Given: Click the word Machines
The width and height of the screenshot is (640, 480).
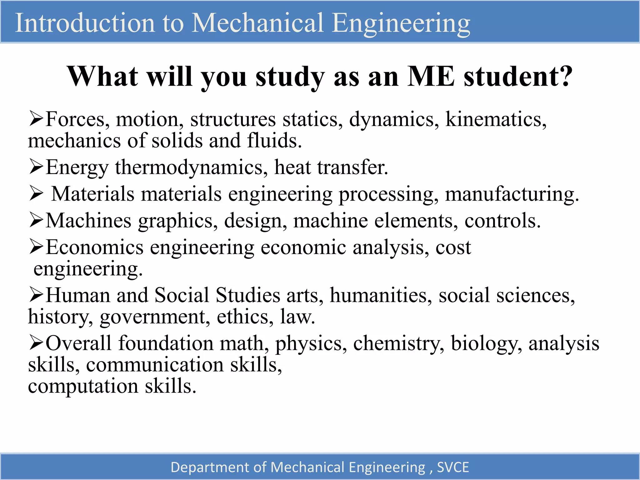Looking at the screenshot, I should coord(89,221).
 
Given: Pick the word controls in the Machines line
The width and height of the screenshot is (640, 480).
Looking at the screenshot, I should coord(502,221).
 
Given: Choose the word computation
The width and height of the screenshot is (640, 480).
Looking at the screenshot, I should coord(83,386).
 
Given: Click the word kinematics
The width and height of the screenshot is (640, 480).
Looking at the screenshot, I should coord(496,119).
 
